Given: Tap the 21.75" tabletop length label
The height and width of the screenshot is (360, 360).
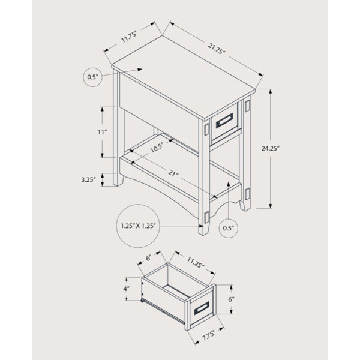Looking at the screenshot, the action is click(x=217, y=49).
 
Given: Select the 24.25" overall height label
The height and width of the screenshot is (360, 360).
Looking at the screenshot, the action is click(x=270, y=148).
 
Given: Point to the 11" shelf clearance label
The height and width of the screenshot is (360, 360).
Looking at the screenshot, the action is click(x=103, y=132).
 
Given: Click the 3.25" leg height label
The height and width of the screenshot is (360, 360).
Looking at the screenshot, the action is click(x=88, y=179).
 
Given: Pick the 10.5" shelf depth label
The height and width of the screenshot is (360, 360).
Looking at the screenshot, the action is click(x=157, y=148).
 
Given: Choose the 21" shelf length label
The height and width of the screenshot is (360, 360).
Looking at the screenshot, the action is click(x=173, y=173).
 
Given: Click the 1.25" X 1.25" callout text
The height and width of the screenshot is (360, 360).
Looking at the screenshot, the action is click(x=138, y=226).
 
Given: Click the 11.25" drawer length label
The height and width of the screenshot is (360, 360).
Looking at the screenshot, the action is click(x=196, y=262).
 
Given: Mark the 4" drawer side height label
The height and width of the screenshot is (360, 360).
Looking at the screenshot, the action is click(x=126, y=289).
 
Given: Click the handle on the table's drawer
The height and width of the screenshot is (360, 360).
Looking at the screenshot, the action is click(x=224, y=121).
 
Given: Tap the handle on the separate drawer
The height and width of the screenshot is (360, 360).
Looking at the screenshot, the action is click(x=202, y=308).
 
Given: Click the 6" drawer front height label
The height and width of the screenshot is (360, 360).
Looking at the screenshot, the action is click(x=231, y=299).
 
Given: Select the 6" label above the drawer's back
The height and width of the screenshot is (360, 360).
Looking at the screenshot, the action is click(x=149, y=258).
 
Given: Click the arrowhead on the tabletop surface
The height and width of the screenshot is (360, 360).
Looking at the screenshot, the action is click(x=140, y=70).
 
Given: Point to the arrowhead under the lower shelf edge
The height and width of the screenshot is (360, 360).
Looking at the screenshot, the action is click(x=229, y=184).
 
